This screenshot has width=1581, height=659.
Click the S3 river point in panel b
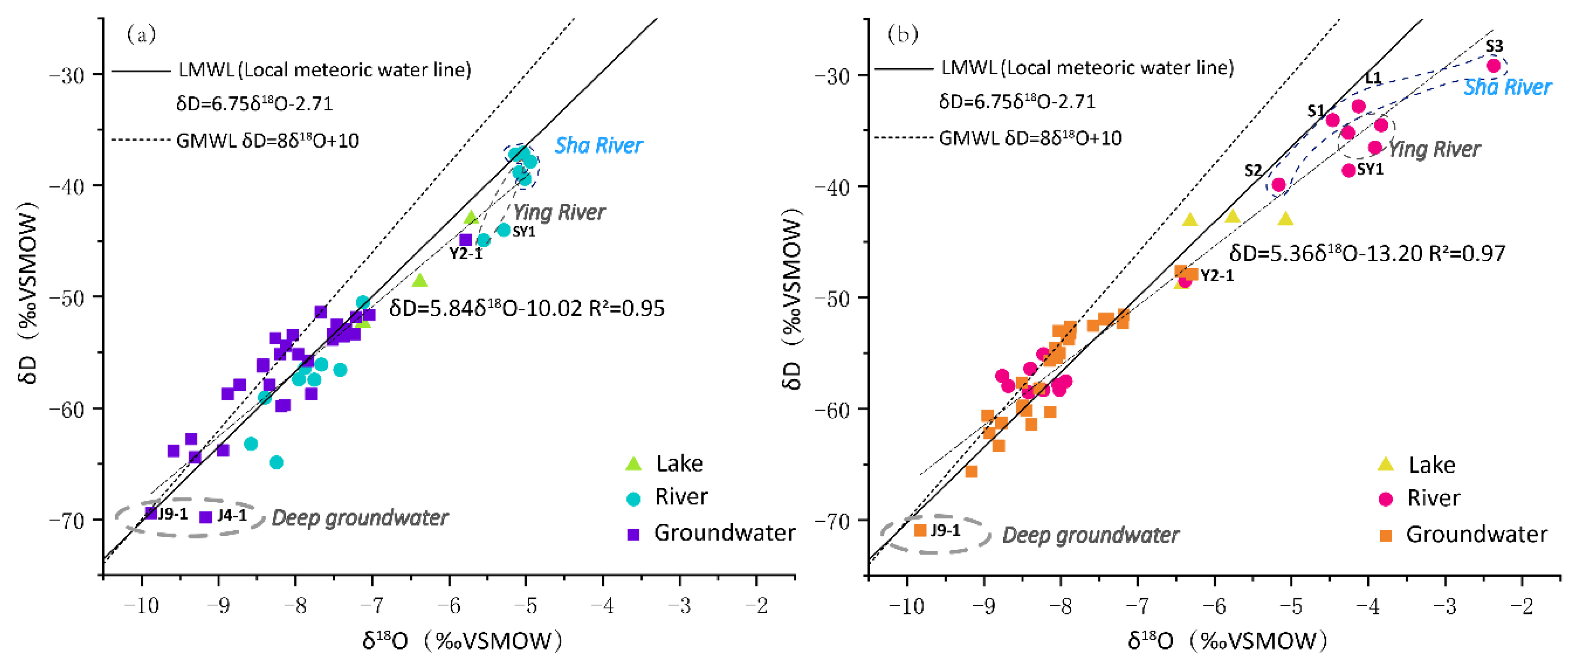tap(1494, 65)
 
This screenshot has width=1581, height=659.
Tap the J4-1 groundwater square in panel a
tap(206, 517)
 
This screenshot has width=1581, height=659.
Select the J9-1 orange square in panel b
tap(920, 530)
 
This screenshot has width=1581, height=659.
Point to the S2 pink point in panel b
tap(1278, 184)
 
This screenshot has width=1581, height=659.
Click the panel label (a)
tap(141, 34)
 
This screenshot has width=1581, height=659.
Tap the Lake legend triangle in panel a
tap(633, 464)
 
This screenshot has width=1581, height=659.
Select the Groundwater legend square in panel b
tap(1385, 535)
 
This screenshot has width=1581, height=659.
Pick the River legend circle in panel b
tap(1385, 499)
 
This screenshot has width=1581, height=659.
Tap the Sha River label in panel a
tap(598, 145)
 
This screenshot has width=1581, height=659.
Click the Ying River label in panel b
tap(1434, 149)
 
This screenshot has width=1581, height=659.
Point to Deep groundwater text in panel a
tap(360, 518)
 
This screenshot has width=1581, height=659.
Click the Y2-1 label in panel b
tap(1217, 275)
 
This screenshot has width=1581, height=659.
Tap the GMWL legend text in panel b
tap(1030, 138)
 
